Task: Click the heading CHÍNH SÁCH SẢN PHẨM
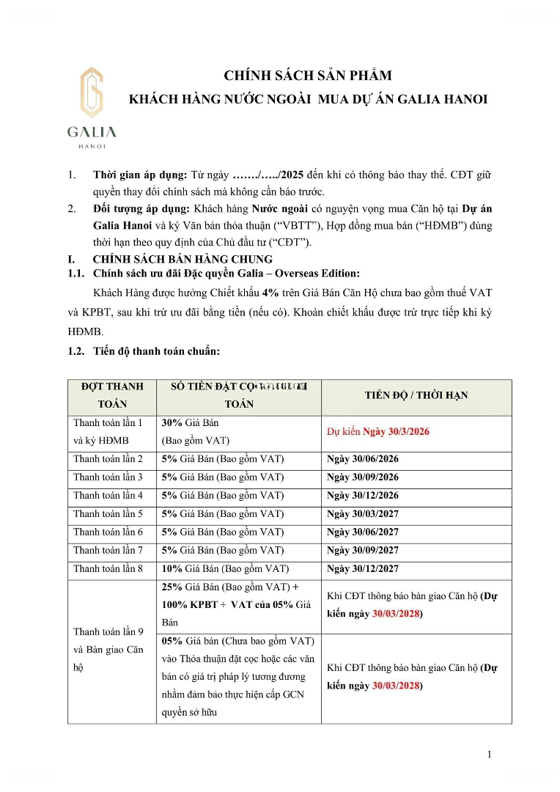(308, 76)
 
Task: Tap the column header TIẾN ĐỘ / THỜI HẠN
(416, 395)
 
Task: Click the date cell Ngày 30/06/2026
(363, 459)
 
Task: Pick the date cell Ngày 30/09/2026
(363, 477)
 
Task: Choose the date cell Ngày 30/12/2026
(363, 496)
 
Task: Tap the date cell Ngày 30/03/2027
(363, 514)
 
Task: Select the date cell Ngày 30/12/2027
(363, 569)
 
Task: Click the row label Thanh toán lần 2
(108, 459)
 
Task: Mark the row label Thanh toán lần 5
(108, 514)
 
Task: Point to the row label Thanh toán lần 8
(108, 569)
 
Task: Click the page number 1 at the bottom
(489, 755)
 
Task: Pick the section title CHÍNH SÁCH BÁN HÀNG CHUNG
(182, 259)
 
